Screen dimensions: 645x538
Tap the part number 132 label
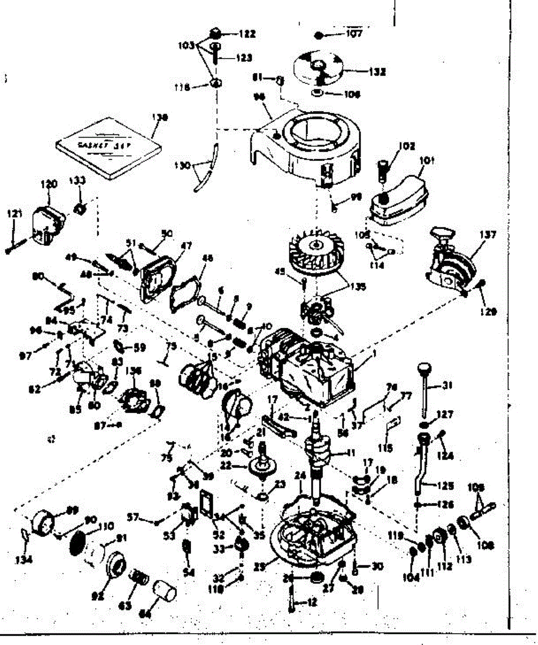377,71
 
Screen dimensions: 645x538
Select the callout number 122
247,34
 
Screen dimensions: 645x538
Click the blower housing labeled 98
304,145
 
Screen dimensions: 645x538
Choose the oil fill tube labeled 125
423,462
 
